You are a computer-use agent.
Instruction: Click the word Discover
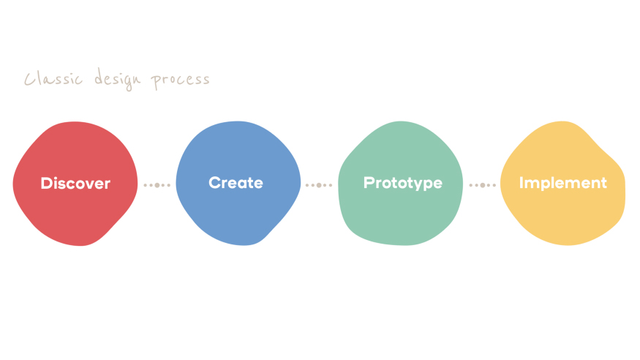coord(75,184)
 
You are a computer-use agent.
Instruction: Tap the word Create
coord(236,183)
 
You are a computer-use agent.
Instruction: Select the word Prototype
coord(403,183)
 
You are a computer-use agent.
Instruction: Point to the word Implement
coord(563,183)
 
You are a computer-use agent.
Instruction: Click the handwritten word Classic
coord(53,78)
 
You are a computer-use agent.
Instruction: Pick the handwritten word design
coord(118,79)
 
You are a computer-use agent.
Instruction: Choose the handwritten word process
coord(180,80)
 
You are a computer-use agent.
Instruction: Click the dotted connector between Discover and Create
coord(157,185)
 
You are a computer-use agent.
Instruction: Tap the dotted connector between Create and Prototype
coord(319,185)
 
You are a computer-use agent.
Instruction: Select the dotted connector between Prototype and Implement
coord(483,185)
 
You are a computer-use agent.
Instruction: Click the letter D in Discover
coord(47,184)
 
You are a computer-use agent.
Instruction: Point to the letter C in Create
coord(215,183)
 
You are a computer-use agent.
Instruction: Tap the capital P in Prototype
coord(369,182)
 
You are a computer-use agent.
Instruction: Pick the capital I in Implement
coord(522,183)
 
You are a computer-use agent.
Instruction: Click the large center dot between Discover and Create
coord(157,185)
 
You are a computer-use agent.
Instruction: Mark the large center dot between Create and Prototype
coord(319,185)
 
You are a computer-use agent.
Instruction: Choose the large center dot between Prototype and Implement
coord(483,185)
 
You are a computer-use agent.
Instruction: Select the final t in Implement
coord(603,183)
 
